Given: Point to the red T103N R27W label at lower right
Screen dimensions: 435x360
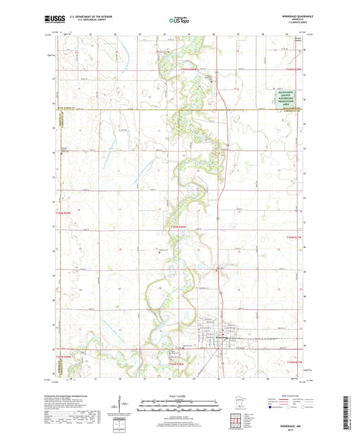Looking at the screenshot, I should [294, 363].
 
